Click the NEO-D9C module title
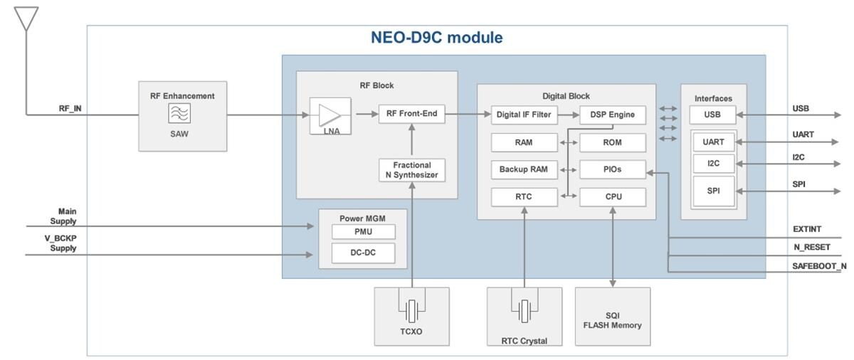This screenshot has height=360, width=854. pos(436,38)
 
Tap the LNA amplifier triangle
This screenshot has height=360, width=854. pos(330,115)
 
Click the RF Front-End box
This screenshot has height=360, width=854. pos(411,114)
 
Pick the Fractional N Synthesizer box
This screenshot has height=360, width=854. pos(411,170)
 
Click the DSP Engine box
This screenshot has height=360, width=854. pos(612,115)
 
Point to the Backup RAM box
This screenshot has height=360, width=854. pos(524,169)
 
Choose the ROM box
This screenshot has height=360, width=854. pos(612,142)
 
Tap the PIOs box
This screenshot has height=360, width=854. pos(612,169)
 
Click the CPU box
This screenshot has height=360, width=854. pos(612,197)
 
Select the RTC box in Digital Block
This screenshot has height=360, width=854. pos(524,197)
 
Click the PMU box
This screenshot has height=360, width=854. pos(363,232)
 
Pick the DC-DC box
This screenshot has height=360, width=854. pos(363,253)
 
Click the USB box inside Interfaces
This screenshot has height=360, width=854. pos(712,115)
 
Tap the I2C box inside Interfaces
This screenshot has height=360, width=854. pos(713,164)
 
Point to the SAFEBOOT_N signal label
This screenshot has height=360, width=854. pos(818,266)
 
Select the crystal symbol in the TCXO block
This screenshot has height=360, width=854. pos(411,310)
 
